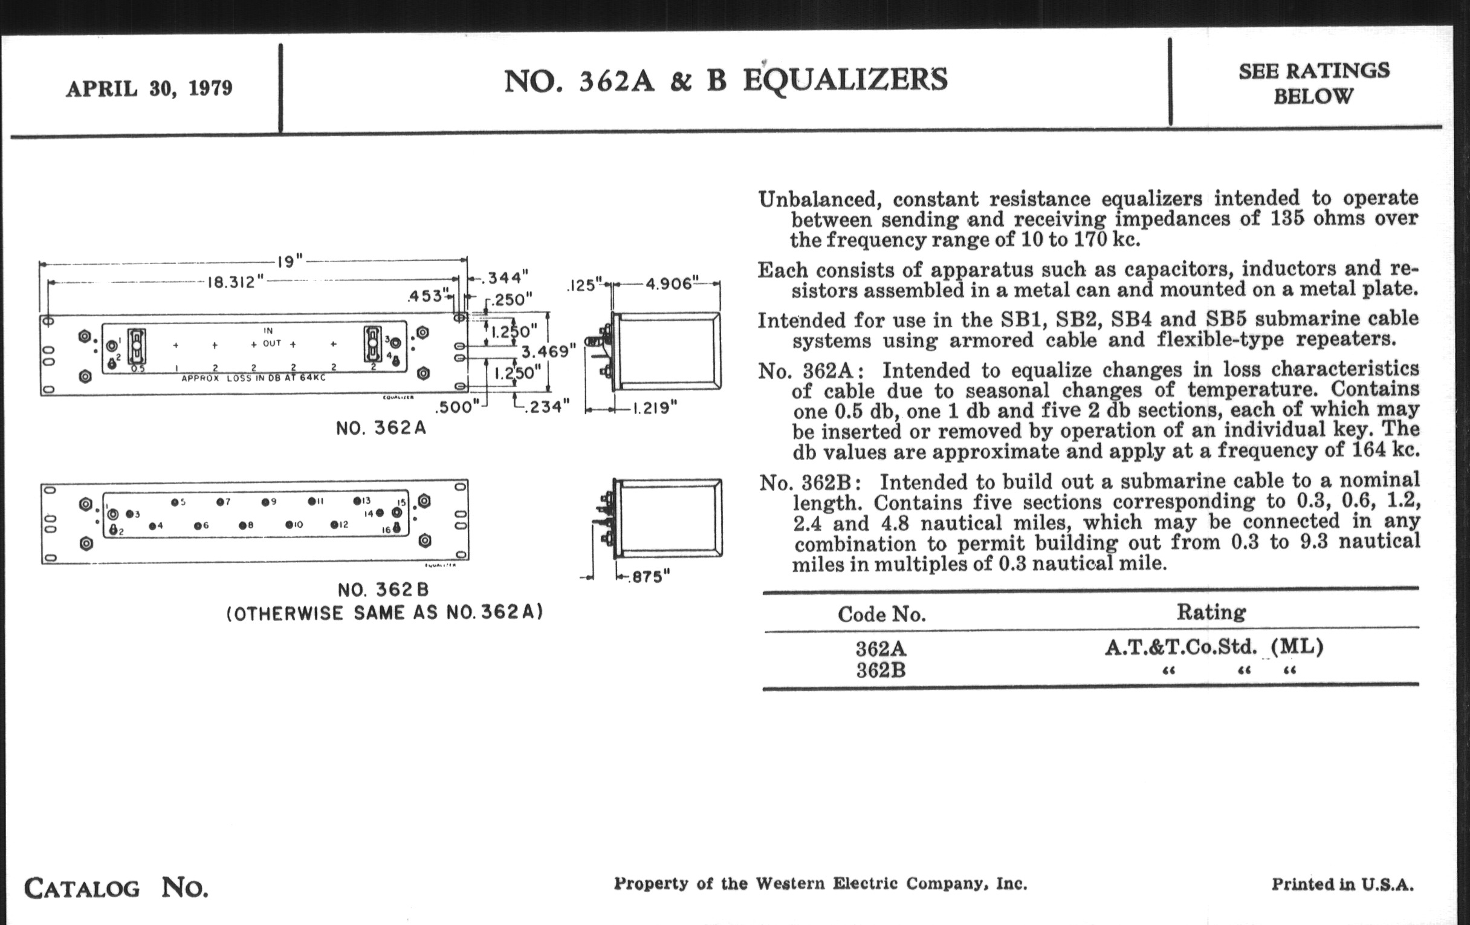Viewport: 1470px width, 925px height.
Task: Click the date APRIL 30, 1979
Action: point(149,89)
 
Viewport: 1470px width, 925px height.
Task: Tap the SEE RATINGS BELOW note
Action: point(1313,83)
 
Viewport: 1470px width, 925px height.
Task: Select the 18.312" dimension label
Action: point(235,283)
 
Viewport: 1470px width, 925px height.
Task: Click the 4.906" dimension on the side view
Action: point(670,284)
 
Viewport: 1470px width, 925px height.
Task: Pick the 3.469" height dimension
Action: point(548,352)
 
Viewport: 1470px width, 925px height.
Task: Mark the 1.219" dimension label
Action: point(652,409)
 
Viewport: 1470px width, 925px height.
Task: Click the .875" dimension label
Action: point(647,576)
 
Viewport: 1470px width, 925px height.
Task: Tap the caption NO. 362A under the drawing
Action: point(381,428)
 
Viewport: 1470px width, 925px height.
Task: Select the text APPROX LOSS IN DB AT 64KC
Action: point(253,378)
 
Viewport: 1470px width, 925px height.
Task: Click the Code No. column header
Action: point(881,614)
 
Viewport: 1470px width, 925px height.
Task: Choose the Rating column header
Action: point(1211,612)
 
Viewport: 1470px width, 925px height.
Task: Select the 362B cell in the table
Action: point(880,671)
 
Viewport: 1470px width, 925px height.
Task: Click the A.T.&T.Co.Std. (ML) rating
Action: point(1214,646)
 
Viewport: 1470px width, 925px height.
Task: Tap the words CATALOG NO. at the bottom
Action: point(116,888)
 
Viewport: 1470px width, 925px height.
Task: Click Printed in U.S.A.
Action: point(1342,884)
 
